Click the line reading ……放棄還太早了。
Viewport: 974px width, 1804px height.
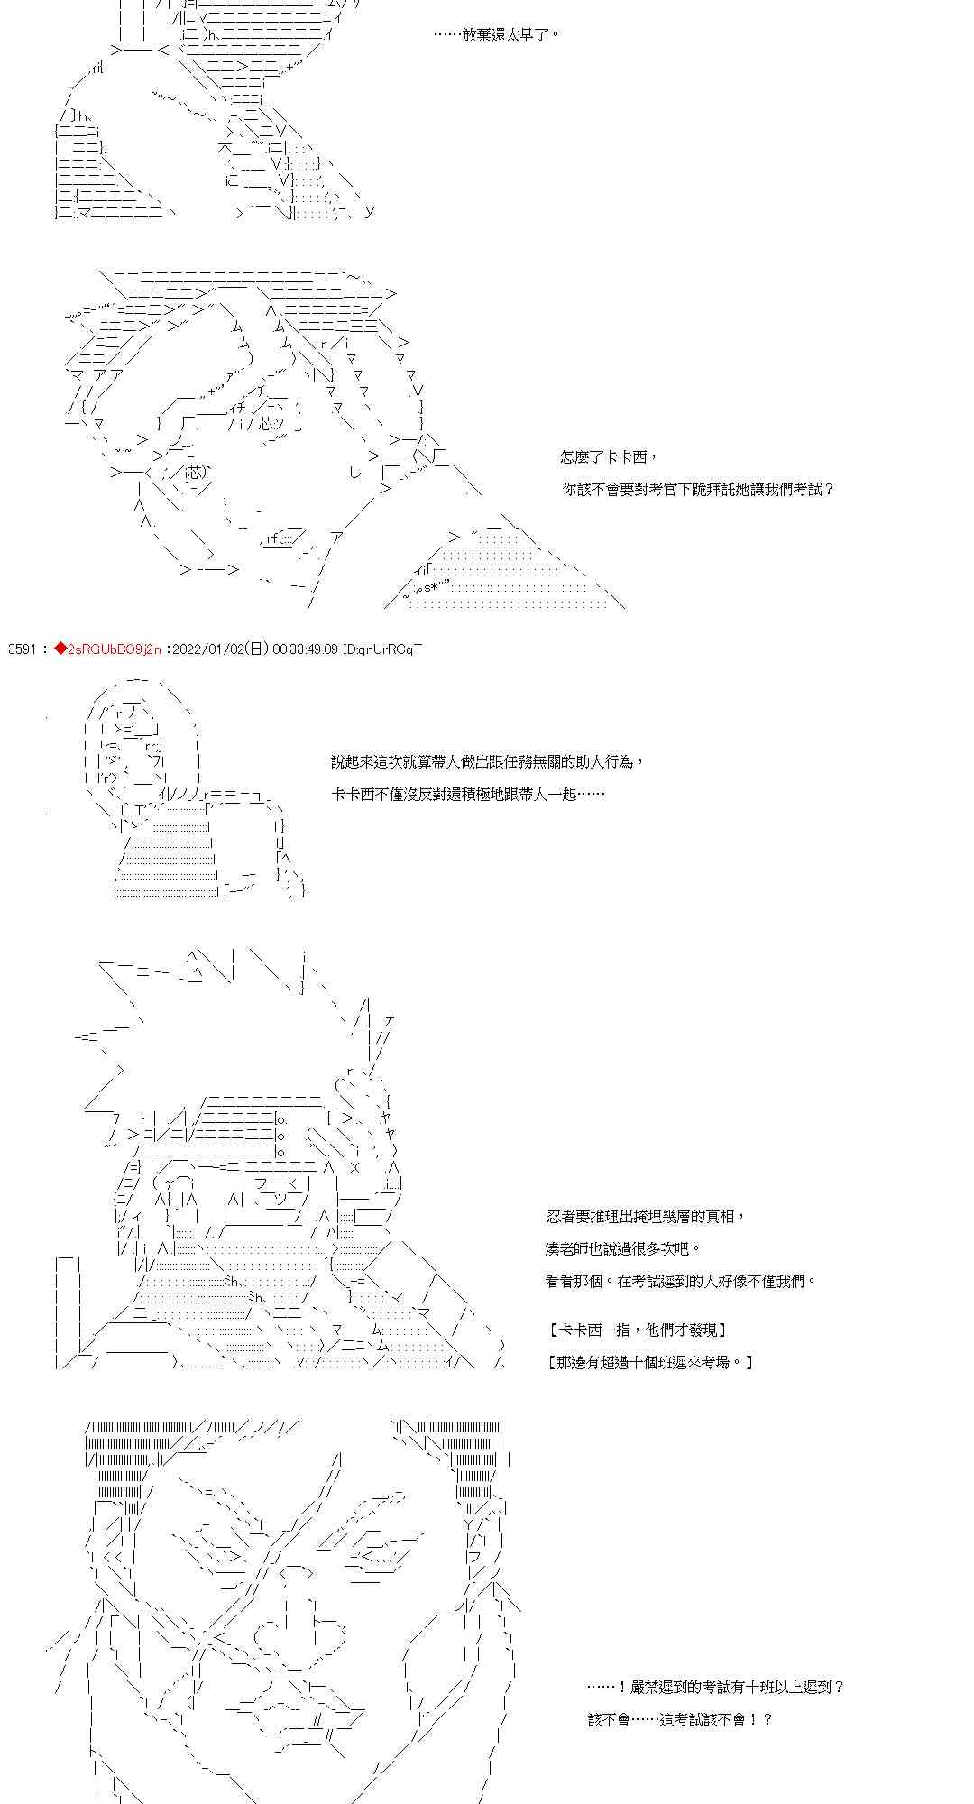497,34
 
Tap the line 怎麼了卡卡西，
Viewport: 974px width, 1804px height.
603,457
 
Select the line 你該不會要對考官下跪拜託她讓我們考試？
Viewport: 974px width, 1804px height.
698,490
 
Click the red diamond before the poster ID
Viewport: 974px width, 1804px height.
60,649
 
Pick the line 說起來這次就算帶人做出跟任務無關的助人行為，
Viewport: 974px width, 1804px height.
488,762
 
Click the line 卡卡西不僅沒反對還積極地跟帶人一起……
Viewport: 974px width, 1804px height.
467,795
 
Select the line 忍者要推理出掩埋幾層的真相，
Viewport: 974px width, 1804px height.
646,1217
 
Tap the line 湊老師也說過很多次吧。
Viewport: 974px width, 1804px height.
623,1249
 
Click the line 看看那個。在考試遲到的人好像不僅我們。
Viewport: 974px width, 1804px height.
680,1281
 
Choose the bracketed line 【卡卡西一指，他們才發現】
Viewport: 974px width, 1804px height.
637,1330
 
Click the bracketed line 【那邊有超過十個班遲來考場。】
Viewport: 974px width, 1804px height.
650,1362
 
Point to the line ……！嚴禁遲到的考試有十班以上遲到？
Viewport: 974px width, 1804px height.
716,1687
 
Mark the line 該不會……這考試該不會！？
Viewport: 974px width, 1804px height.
680,1719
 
